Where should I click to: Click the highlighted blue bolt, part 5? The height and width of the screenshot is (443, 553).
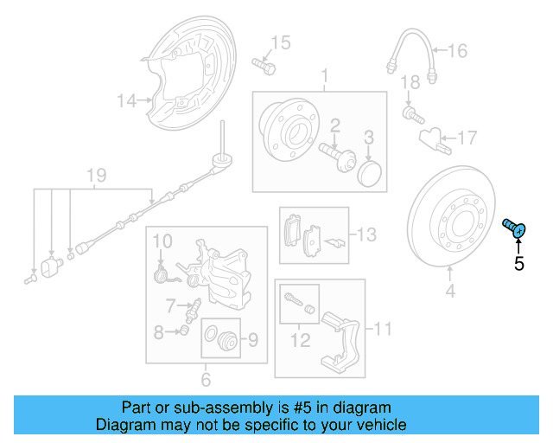[x=515, y=229]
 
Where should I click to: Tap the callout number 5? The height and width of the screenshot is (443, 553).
[x=518, y=264]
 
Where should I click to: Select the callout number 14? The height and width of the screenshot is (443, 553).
[x=127, y=101]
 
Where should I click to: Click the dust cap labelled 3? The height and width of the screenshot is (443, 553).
[x=369, y=172]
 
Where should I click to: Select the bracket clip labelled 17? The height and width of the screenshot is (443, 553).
[x=432, y=136]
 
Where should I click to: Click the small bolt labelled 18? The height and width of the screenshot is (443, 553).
[x=411, y=112]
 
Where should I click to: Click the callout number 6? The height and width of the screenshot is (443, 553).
[x=206, y=379]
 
